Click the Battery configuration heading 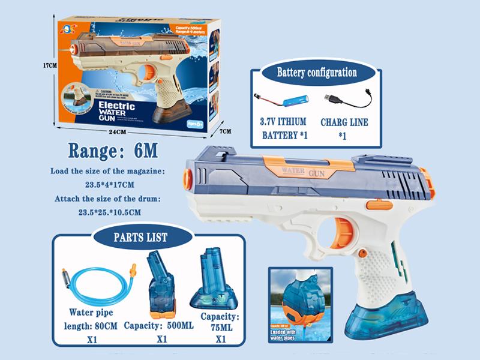pos(316,73)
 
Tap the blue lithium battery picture pos(291,99)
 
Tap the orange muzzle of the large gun pos(186,178)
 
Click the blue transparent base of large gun pos(390,312)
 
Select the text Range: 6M pos(113,149)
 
